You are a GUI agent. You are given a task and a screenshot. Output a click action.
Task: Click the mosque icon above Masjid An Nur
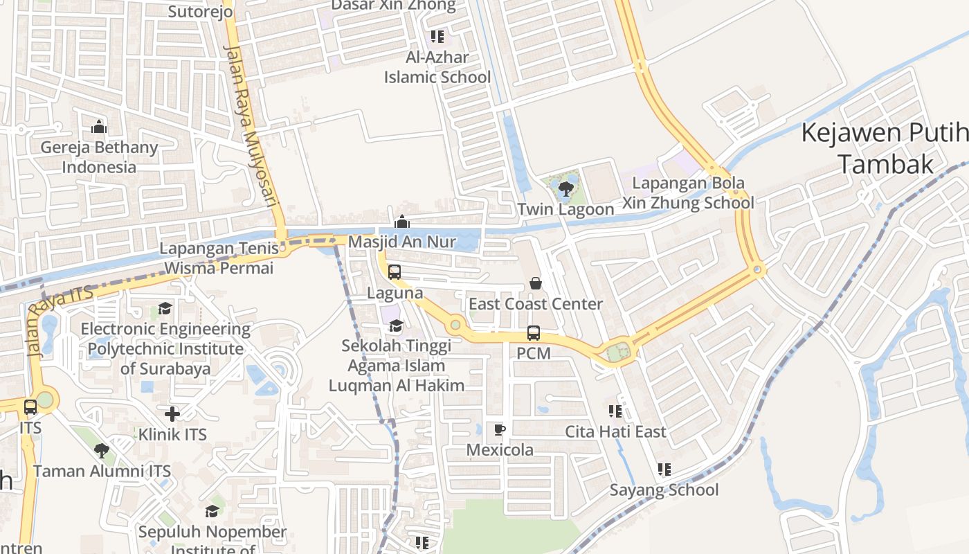click(401, 222)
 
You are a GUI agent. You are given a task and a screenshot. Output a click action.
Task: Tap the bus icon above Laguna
click(395, 272)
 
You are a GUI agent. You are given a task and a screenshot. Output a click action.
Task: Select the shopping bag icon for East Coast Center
click(536, 283)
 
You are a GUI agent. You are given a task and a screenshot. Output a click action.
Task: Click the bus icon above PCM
click(534, 333)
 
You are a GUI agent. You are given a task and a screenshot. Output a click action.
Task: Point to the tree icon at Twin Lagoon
click(566, 188)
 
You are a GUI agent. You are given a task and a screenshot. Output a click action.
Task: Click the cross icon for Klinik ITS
click(172, 414)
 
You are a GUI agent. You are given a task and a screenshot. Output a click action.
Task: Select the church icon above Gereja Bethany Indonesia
click(99, 127)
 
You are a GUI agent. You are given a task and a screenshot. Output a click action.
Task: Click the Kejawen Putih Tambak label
click(885, 148)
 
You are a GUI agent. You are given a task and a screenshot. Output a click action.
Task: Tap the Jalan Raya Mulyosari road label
click(250, 126)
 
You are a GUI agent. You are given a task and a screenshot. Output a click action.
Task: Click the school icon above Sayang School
click(664, 470)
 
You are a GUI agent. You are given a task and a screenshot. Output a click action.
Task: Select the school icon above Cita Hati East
click(615, 411)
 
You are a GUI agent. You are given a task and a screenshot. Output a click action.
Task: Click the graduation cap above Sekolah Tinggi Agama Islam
click(396, 325)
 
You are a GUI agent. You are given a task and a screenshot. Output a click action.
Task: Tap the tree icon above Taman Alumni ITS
click(102, 451)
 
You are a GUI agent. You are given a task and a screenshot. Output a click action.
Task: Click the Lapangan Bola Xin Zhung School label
click(687, 193)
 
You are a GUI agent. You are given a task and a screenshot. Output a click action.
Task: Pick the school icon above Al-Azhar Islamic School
click(437, 36)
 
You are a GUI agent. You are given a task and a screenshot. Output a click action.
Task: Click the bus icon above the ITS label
click(30, 407)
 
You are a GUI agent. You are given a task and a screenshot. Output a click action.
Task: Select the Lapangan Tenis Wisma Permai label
click(219, 258)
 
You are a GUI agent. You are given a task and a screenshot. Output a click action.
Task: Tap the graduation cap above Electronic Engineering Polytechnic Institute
click(165, 308)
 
